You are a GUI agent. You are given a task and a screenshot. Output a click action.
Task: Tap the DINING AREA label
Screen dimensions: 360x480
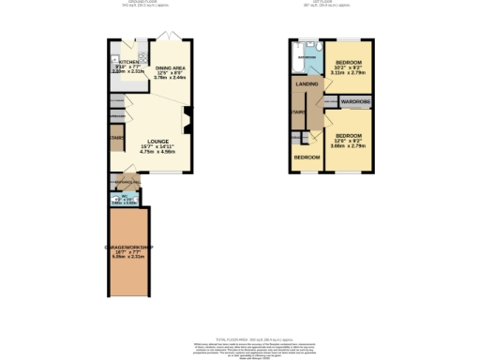pos(171,68)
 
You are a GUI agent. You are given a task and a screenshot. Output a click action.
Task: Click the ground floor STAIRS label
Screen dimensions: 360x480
pos(116,137)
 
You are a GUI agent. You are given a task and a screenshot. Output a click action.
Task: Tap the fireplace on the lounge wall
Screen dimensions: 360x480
pos(187,118)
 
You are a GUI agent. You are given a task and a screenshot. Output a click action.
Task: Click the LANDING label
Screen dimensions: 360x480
pos(306,84)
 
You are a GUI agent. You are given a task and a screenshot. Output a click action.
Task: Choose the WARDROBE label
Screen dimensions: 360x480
pos(356,100)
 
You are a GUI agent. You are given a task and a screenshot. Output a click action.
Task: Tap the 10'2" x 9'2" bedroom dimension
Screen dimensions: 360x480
pos(349,68)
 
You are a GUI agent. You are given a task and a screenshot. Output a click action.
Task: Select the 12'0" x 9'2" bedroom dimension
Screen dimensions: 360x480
pos(349,142)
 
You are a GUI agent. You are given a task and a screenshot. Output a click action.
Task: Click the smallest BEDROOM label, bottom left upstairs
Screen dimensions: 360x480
pos(306,157)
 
